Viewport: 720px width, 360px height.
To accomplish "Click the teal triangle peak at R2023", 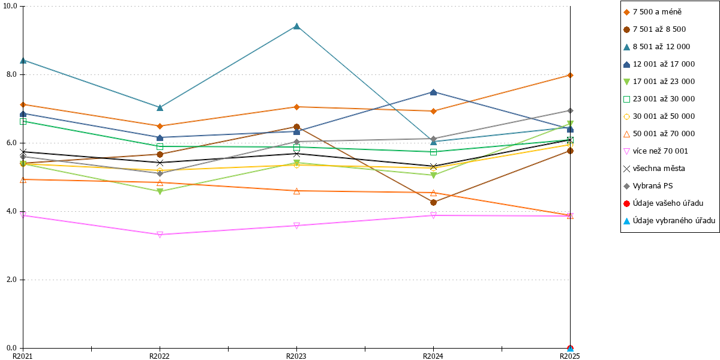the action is click(296, 26).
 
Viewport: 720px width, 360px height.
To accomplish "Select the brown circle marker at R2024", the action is click(433, 203).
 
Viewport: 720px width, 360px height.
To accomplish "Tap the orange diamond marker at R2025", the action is click(570, 75).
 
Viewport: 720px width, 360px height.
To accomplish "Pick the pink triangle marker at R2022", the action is click(160, 235).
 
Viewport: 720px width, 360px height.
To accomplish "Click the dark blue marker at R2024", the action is click(433, 92).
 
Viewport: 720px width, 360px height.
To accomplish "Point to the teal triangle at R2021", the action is click(23, 61).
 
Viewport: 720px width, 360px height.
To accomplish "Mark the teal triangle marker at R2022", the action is click(160, 107).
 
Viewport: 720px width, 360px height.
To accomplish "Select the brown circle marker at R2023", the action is click(296, 127).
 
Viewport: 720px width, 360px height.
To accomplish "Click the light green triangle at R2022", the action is click(160, 191).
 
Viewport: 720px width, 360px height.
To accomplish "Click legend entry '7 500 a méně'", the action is click(653, 12).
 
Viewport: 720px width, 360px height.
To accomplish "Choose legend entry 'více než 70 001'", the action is click(656, 151).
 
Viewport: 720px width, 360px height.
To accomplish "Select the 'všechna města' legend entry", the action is click(654, 169).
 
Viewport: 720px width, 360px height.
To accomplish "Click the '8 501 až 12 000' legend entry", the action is click(656, 47).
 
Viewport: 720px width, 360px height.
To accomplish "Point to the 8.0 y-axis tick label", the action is click(11, 74).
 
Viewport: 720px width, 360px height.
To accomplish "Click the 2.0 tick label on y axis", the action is click(11, 280).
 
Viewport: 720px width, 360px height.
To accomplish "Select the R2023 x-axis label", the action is click(296, 356).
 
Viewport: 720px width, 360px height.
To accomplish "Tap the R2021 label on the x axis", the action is click(23, 356).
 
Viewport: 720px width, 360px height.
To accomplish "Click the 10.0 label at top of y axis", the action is click(10, 6).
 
